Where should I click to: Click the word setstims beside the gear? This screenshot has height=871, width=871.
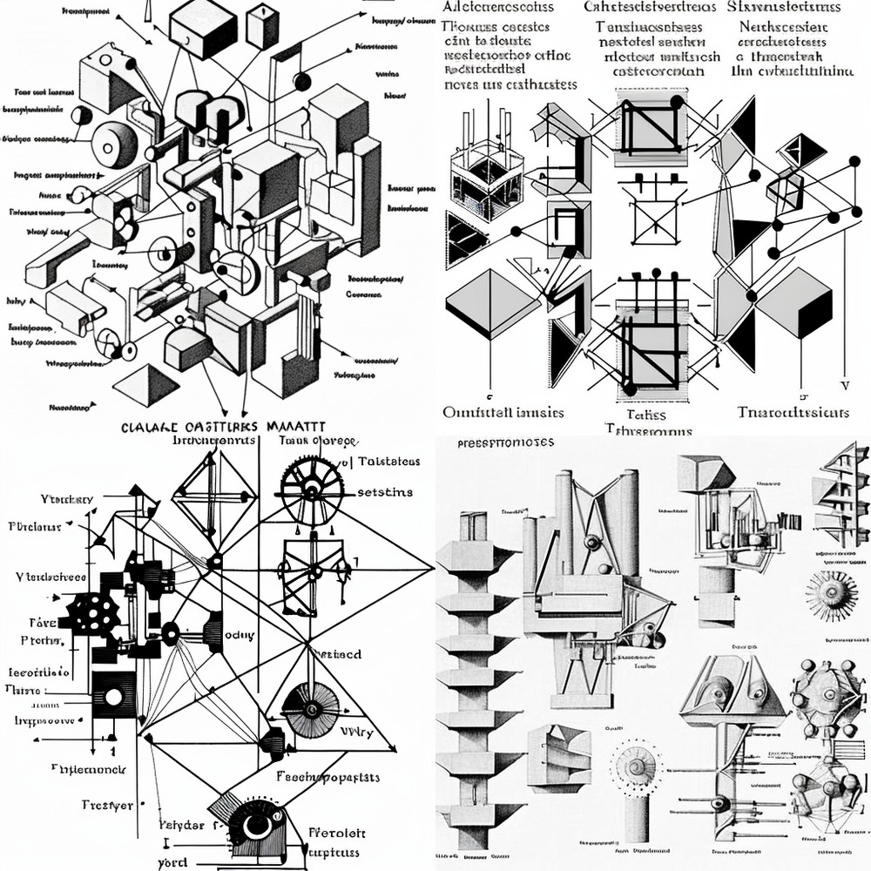[385, 492]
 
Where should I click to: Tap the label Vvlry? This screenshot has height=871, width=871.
[356, 733]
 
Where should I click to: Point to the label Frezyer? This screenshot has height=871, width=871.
[108, 806]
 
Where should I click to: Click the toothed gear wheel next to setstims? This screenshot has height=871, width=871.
[311, 490]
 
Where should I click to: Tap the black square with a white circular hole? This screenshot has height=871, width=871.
[112, 695]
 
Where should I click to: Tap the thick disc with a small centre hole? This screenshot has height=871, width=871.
[114, 144]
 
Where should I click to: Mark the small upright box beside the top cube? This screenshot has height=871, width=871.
[262, 27]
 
